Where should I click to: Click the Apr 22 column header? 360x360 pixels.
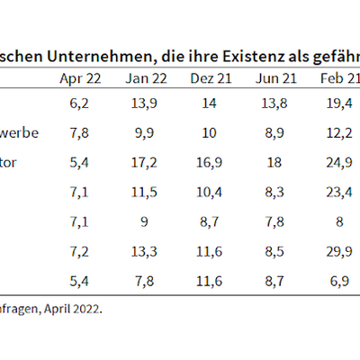(x=80, y=79)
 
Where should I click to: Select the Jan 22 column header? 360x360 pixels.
(x=146, y=79)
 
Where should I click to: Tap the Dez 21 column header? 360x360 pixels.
(x=211, y=79)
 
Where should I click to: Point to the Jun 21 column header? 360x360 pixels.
(x=276, y=79)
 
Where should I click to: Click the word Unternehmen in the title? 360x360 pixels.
(x=102, y=56)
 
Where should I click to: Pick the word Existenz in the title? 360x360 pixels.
(x=254, y=56)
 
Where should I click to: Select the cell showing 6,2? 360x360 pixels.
(x=79, y=103)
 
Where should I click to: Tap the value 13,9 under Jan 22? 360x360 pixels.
(x=144, y=103)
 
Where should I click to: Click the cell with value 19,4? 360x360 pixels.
(x=339, y=103)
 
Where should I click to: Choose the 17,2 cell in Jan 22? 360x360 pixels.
(x=144, y=163)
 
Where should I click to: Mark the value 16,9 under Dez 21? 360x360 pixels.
(x=209, y=163)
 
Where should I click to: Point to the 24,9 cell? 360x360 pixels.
(x=339, y=163)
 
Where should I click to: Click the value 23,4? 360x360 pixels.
(x=339, y=193)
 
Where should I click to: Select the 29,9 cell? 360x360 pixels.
(x=339, y=251)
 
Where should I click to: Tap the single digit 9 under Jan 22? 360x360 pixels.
(x=144, y=221)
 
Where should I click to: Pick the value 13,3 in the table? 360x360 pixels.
(x=144, y=251)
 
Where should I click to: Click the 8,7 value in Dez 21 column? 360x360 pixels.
(x=209, y=222)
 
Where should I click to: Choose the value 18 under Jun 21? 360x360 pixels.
(x=274, y=163)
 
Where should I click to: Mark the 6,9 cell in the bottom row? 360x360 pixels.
(x=339, y=281)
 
